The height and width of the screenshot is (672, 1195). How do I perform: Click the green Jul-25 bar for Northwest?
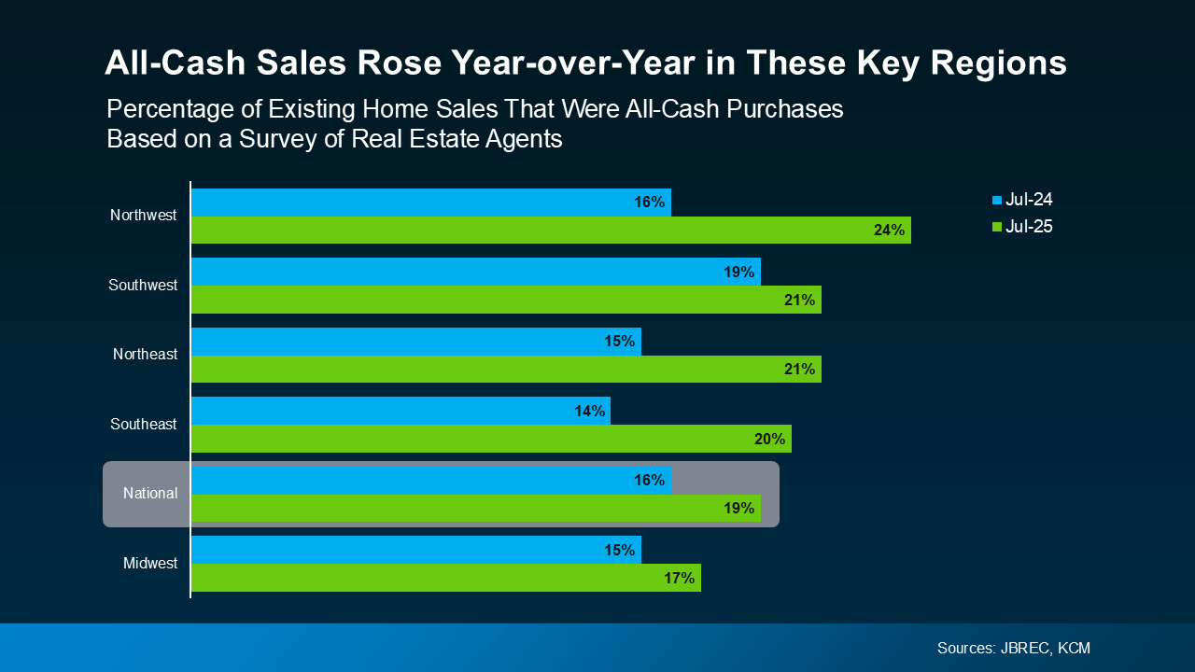[x=551, y=230]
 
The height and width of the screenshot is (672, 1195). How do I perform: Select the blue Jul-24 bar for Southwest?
[x=476, y=272]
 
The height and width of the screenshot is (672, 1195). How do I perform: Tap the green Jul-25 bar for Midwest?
[x=445, y=578]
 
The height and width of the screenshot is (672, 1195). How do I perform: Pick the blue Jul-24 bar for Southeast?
[x=401, y=411]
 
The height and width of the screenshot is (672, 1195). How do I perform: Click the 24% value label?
[x=889, y=230]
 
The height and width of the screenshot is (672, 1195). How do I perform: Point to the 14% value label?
[x=589, y=411]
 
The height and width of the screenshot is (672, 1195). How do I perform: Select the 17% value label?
[x=679, y=578]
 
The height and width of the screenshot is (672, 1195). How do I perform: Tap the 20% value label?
[x=770, y=439]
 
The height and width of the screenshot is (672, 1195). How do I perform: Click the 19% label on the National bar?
[x=738, y=509]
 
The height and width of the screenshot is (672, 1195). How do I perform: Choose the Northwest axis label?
[x=143, y=216]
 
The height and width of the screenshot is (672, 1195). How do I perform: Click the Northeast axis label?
[x=145, y=355]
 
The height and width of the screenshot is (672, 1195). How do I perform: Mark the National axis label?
[x=150, y=493]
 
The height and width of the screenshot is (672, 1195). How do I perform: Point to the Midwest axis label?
[x=150, y=564]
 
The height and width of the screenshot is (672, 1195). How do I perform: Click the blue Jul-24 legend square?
[x=997, y=200]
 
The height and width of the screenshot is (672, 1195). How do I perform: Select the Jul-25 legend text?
[x=1029, y=227]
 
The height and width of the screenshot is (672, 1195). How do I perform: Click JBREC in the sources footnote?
[x=1024, y=648]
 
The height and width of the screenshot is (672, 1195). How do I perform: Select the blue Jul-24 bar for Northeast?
[x=415, y=342]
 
